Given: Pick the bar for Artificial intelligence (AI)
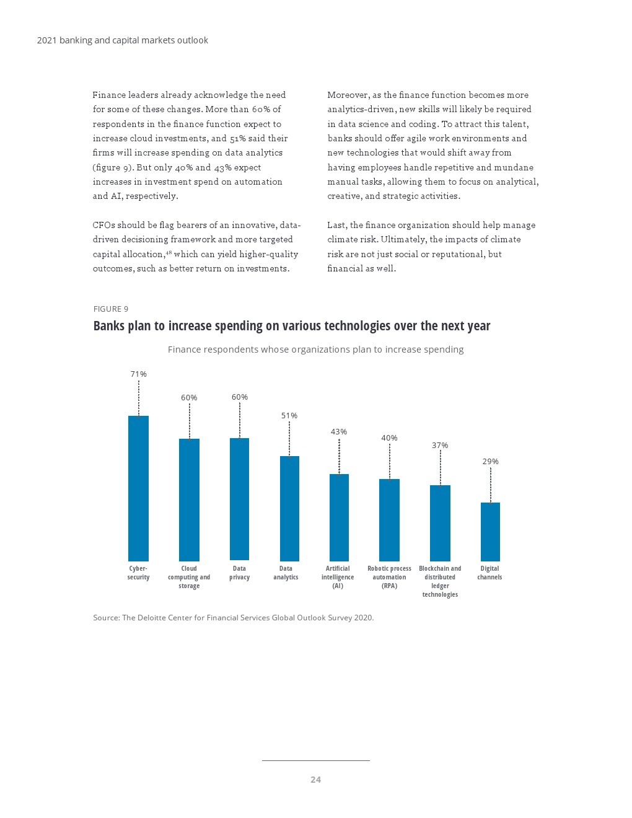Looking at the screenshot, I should pyautogui.click(x=339, y=517).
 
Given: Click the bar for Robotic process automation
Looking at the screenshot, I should pyautogui.click(x=389, y=520).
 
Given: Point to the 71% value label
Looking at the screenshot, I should pyautogui.click(x=138, y=374).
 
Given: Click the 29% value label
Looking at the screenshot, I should pyautogui.click(x=490, y=462).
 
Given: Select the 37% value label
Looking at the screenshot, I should pyautogui.click(x=440, y=446).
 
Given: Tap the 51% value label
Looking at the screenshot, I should pyautogui.click(x=289, y=416).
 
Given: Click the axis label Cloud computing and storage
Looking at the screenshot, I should pyautogui.click(x=189, y=577).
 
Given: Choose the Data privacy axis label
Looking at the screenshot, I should pyautogui.click(x=239, y=573).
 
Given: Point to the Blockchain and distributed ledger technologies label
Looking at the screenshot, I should pyautogui.click(x=440, y=581).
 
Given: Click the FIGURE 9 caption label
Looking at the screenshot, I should pyautogui.click(x=111, y=309).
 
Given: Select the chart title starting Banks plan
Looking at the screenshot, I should pyautogui.click(x=291, y=326).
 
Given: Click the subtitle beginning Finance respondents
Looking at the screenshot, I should pyautogui.click(x=315, y=350).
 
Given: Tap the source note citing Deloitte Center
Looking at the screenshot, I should pyautogui.click(x=233, y=618).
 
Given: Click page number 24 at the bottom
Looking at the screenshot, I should pyautogui.click(x=315, y=780).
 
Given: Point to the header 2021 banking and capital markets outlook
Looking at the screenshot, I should pyautogui.click(x=122, y=40).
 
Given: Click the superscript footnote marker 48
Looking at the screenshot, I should pyautogui.click(x=169, y=252).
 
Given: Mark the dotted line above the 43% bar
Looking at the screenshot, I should pyautogui.click(x=339, y=456).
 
